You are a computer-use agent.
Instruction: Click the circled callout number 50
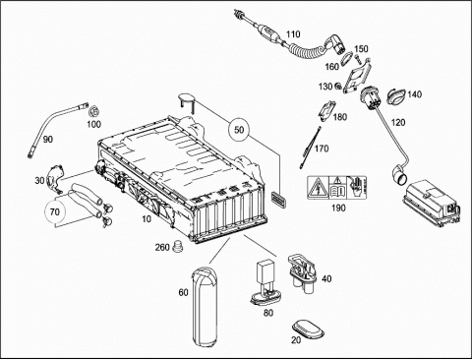[x=239, y=130]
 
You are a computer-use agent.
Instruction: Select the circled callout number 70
[x=55, y=211]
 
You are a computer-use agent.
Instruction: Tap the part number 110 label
[x=293, y=34]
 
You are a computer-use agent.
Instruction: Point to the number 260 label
[x=162, y=247]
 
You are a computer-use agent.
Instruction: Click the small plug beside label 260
[x=178, y=246]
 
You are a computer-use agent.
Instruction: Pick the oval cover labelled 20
[x=308, y=330]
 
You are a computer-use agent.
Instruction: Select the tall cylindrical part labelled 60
[x=204, y=307]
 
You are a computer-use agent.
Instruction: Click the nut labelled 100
[x=94, y=111]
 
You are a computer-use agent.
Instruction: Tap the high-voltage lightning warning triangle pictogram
[x=318, y=188]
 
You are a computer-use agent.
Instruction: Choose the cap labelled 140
[x=396, y=96]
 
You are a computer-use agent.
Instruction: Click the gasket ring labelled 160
[x=345, y=60]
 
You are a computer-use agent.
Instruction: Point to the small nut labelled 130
[x=337, y=87]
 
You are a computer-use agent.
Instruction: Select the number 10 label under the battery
[x=147, y=218]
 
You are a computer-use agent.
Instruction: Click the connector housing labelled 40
[x=302, y=273]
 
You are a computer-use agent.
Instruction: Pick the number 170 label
[x=322, y=149]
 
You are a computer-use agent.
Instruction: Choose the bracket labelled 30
[x=55, y=179]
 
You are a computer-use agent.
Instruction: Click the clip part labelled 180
[x=326, y=111]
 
